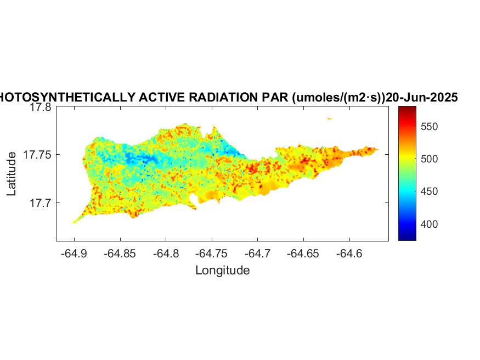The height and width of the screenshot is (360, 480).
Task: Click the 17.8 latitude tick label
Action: [x=41, y=108]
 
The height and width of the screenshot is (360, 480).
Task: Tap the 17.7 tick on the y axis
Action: [x=41, y=203]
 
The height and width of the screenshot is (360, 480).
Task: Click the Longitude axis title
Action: [x=223, y=270]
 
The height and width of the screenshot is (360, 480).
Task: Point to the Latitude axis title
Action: [x=12, y=174]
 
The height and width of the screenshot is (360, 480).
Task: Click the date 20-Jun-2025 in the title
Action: [x=422, y=98]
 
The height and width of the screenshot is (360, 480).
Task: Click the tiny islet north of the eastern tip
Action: [x=330, y=118]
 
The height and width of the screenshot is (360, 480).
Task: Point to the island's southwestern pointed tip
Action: [x=75, y=222]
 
